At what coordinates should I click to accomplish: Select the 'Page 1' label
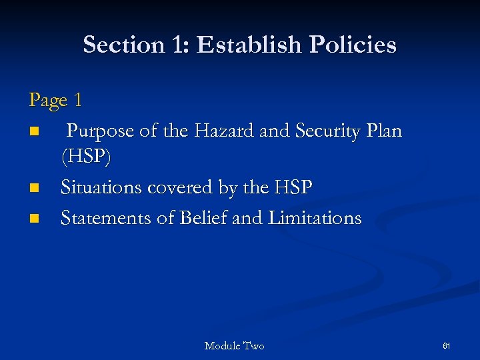(55, 101)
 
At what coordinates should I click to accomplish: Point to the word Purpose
(101, 131)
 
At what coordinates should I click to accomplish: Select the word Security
(327, 131)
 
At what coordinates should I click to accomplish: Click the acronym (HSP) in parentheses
(87, 159)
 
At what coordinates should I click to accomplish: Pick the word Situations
(101, 188)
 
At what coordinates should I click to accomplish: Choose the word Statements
(105, 217)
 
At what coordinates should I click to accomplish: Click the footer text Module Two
(234, 345)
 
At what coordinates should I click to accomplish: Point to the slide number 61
(447, 345)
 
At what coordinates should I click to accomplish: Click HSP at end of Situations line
(291, 188)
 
